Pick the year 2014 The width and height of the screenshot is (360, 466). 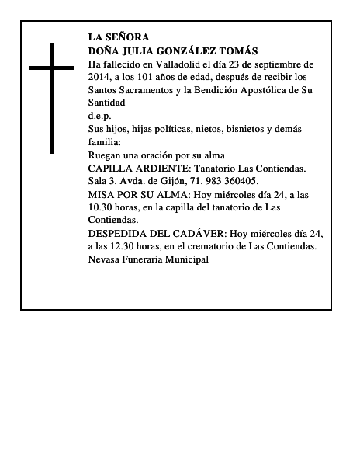pyautogui.click(x=100, y=77)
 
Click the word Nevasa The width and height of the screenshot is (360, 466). pyautogui.click(x=106, y=259)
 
